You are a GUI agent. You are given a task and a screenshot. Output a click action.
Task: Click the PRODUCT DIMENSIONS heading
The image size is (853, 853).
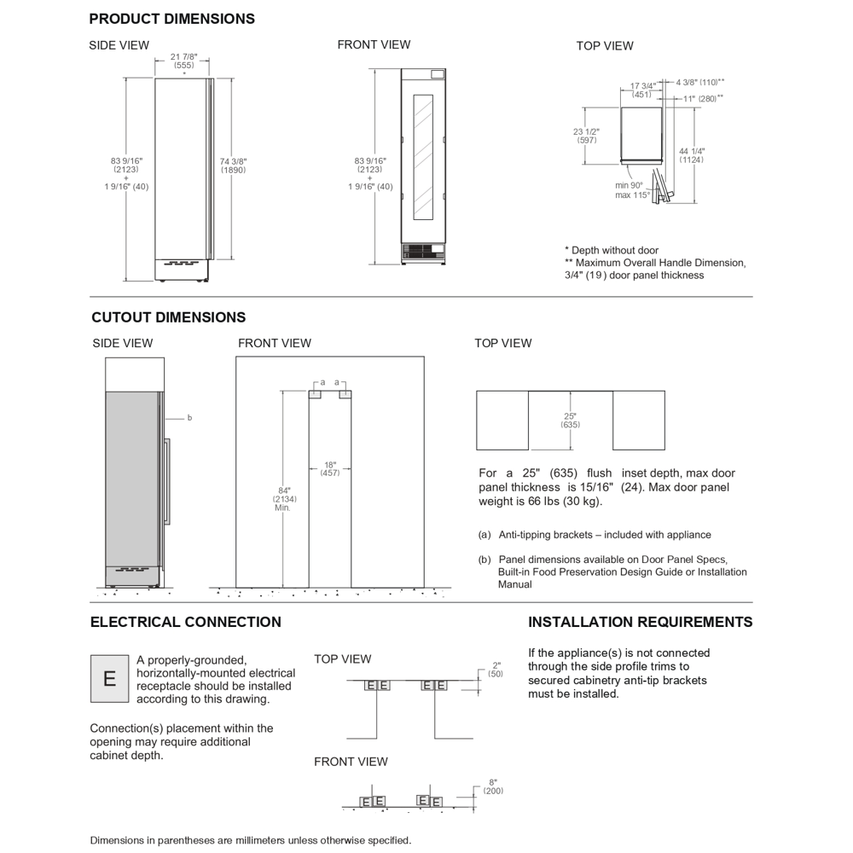[171, 19]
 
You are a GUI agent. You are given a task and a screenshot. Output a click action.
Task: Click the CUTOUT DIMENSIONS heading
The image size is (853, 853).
[168, 317]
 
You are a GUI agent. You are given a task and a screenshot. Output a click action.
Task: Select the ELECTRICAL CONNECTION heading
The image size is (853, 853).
[185, 622]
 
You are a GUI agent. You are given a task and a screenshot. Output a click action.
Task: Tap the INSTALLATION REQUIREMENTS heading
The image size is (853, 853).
[640, 622]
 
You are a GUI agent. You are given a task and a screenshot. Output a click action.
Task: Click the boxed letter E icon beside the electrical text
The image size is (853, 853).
[109, 679]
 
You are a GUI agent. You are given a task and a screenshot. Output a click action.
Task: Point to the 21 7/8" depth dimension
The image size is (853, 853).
[183, 56]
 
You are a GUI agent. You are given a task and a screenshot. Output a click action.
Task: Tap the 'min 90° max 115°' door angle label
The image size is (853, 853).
[633, 189]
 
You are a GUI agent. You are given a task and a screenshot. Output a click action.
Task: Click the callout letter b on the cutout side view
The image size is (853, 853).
[189, 418]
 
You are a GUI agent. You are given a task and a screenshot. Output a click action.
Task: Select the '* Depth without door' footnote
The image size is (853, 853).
[612, 251]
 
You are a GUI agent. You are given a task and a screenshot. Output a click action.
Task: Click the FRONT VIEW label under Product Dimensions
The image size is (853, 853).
[374, 44]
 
